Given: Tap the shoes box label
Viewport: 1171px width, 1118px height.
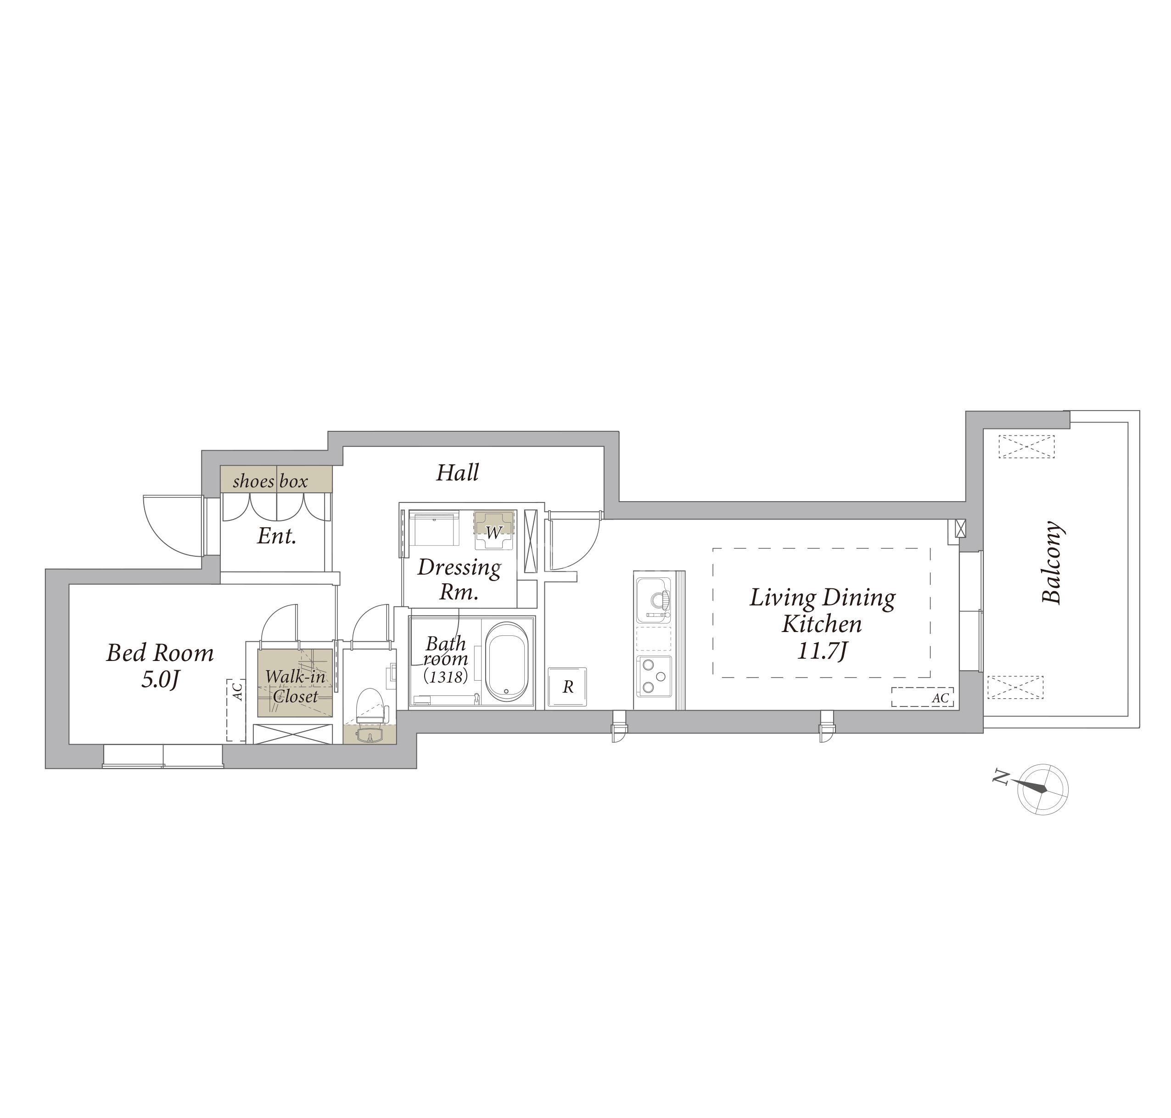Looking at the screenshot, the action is [x=270, y=481].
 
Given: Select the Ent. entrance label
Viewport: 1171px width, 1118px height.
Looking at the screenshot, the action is [x=276, y=536].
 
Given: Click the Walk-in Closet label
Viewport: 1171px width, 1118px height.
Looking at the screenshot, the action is [x=295, y=686].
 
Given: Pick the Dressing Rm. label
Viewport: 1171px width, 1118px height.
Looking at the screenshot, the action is [x=459, y=579].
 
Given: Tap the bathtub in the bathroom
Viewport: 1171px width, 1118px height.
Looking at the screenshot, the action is [x=506, y=662].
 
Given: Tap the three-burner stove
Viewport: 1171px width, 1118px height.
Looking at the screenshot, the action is [x=653, y=676].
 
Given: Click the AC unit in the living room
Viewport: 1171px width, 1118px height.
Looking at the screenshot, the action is [x=922, y=697].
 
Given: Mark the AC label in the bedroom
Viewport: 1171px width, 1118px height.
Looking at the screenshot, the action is [x=236, y=691].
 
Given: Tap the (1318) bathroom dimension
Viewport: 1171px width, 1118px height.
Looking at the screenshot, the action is [x=446, y=676].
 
